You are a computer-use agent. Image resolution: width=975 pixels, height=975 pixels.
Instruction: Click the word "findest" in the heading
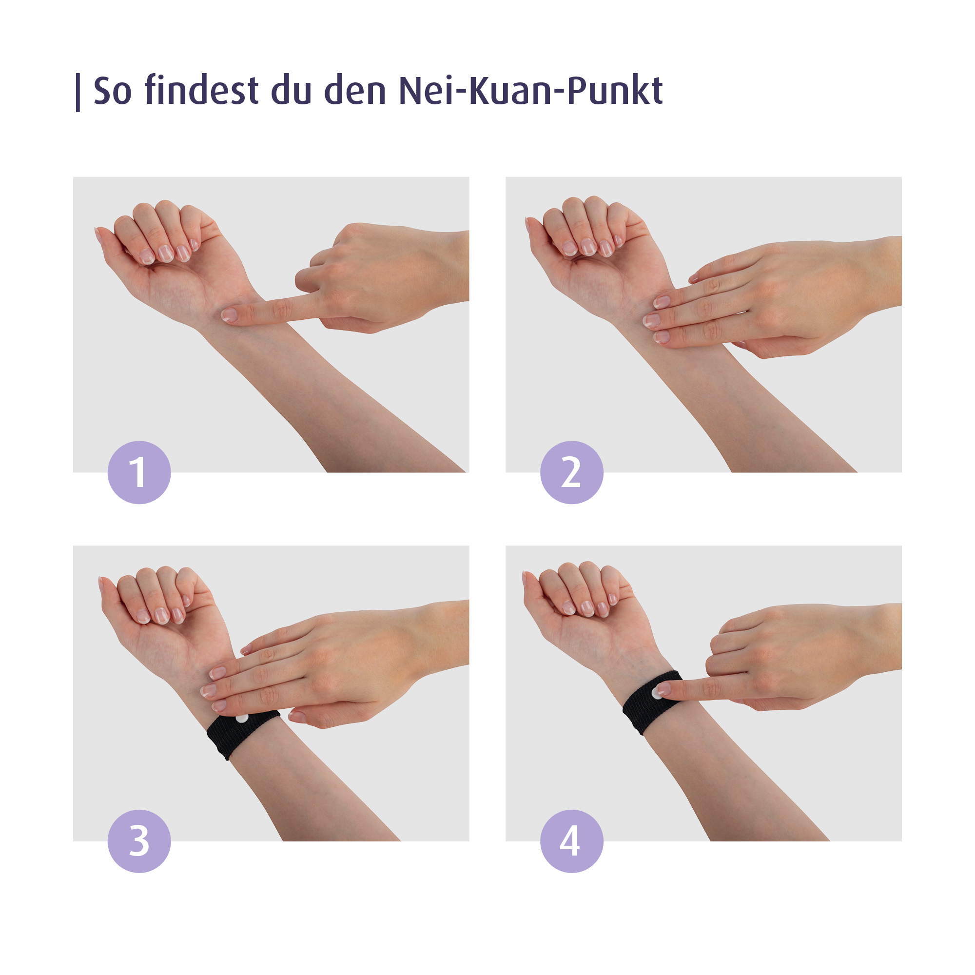click(x=201, y=91)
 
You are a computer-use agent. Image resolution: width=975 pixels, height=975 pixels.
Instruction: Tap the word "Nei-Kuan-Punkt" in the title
click(x=530, y=91)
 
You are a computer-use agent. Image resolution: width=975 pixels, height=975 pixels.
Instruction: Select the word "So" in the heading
click(x=113, y=91)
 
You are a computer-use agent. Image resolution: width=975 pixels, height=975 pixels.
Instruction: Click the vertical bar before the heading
click(x=78, y=92)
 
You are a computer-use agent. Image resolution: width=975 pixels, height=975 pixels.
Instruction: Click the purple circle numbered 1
click(x=139, y=472)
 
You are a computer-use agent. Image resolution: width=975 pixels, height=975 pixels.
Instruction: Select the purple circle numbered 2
click(x=571, y=472)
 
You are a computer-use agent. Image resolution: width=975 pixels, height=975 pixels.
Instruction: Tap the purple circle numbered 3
click(x=139, y=841)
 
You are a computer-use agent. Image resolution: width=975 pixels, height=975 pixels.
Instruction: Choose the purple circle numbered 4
click(x=571, y=841)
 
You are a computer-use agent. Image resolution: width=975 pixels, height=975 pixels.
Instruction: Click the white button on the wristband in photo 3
click(x=242, y=718)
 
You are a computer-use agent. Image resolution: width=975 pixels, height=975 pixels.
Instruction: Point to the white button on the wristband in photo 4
click(x=656, y=693)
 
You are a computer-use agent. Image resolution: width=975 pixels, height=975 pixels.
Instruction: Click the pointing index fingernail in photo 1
click(x=229, y=315)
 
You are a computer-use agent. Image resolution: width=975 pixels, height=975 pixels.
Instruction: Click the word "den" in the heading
click(x=355, y=91)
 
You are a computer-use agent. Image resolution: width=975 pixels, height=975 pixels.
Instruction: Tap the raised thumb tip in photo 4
click(x=526, y=576)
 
